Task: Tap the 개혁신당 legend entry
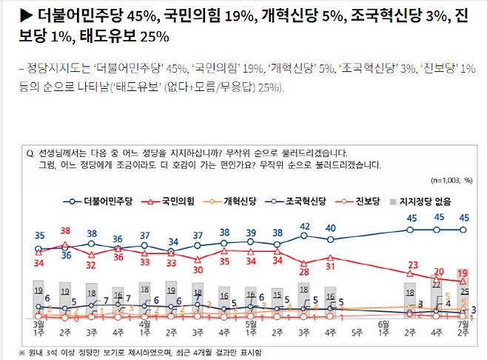237,201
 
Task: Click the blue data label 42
304,226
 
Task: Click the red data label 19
463,274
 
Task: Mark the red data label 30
198,270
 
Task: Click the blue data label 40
331,228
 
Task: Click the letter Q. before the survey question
30,153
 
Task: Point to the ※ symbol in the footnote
23,352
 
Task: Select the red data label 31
331,267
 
